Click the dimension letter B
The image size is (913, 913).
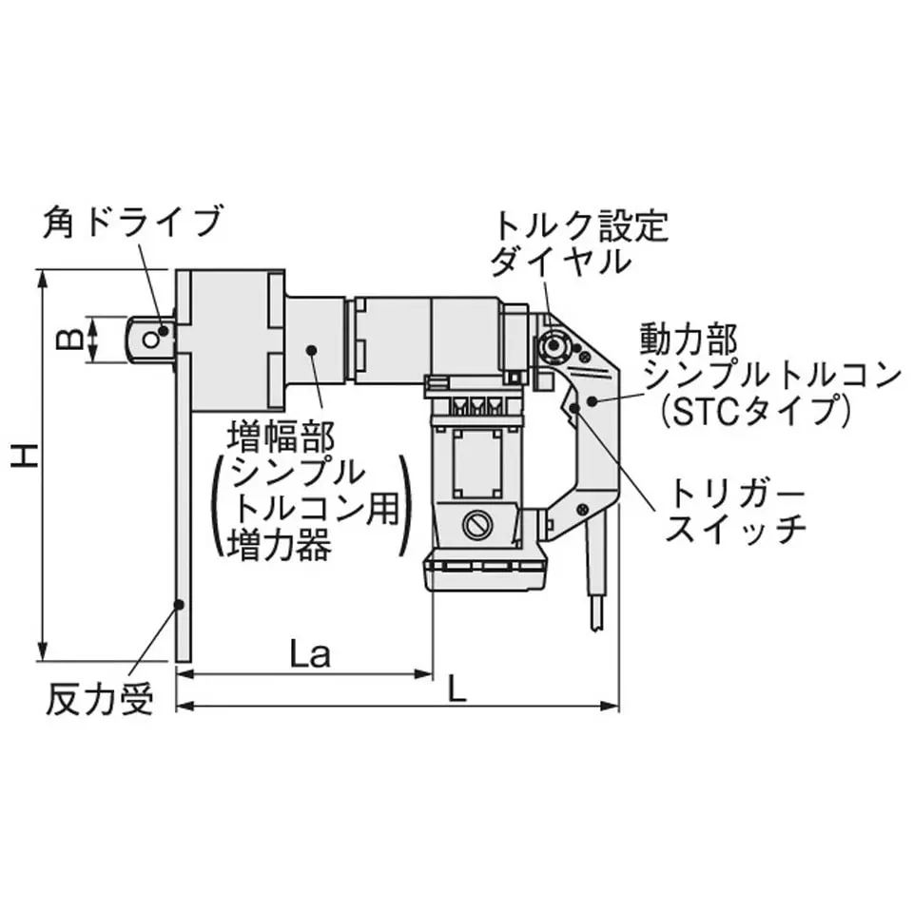click(69, 339)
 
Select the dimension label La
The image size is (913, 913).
click(310, 653)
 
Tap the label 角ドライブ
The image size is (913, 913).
click(133, 222)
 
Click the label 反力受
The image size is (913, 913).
click(99, 698)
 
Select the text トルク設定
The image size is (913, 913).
click(580, 226)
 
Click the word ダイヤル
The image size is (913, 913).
click(560, 261)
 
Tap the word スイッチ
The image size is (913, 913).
click(735, 528)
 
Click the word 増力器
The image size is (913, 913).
click(279, 545)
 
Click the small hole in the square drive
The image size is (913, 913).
click(151, 340)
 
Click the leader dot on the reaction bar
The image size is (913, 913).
click(180, 605)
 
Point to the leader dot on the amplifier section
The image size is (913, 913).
click(312, 349)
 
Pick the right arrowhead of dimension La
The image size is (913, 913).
click(424, 674)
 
